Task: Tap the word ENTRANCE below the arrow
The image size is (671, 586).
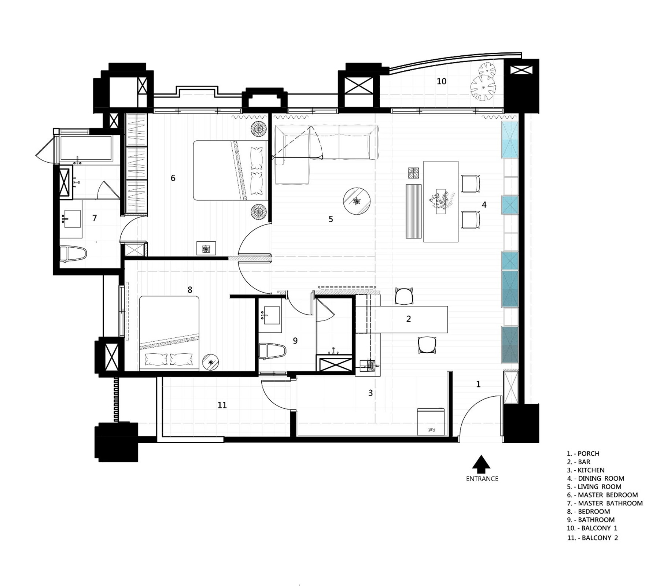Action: pyautogui.click(x=482, y=479)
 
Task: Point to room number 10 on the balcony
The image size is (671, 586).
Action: pyautogui.click(x=442, y=81)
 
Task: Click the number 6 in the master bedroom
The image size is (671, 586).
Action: pyautogui.click(x=173, y=178)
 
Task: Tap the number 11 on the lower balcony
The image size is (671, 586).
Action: pyautogui.click(x=222, y=405)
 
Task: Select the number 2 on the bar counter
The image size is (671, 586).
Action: pyautogui.click(x=409, y=319)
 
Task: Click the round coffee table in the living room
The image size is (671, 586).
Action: pyautogui.click(x=357, y=201)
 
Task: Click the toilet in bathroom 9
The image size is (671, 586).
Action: pyautogui.click(x=272, y=351)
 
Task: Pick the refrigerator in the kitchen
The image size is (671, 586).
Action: pyautogui.click(x=431, y=421)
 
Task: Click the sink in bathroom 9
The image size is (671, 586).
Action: pyautogui.click(x=270, y=315)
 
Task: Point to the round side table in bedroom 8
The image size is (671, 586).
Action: pyautogui.click(x=211, y=362)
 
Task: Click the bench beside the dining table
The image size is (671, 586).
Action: pyautogui.click(x=414, y=211)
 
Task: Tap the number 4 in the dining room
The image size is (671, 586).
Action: pyautogui.click(x=484, y=205)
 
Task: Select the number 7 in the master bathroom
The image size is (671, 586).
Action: pyautogui.click(x=95, y=218)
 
